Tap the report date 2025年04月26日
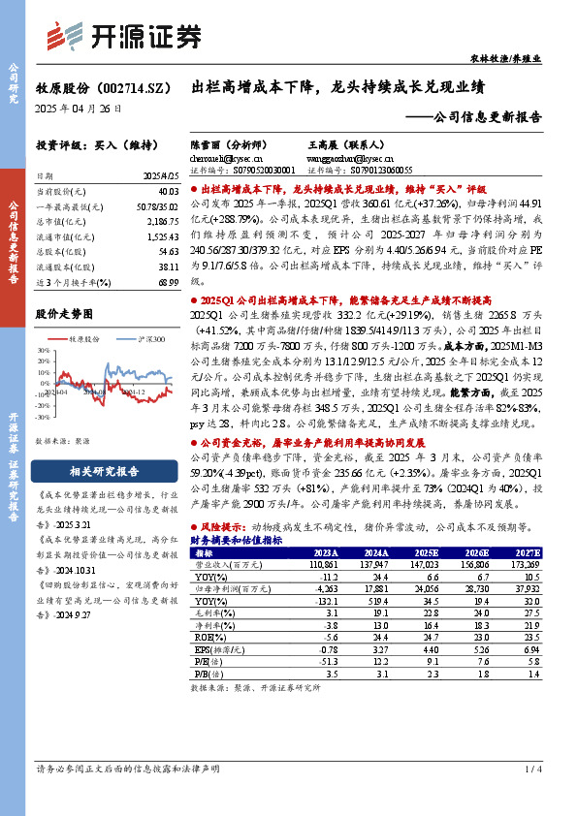pyautogui.click(x=79, y=110)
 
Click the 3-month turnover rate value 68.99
pyautogui.click(x=167, y=280)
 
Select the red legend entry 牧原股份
pyautogui.click(x=84, y=340)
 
